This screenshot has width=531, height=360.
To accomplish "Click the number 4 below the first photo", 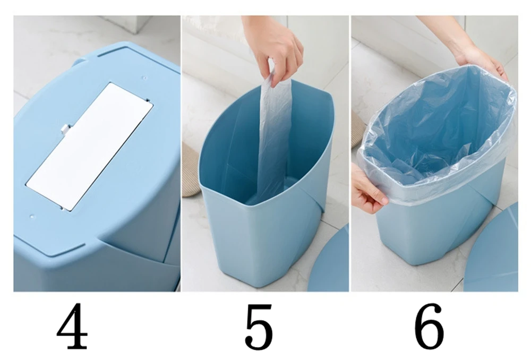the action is coord(72,326).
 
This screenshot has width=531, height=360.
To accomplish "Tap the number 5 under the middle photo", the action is coord(259,327).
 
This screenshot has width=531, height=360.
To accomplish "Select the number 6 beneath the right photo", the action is coord(429,327).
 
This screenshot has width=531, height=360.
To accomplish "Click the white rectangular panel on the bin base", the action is coord(90,147).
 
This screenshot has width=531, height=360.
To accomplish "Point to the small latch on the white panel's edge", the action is coord(66,129).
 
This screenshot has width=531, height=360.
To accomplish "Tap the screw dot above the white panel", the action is coord(144,78).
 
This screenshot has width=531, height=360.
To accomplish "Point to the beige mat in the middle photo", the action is coord(191,169).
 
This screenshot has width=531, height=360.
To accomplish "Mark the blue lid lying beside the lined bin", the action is coord(493,251).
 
